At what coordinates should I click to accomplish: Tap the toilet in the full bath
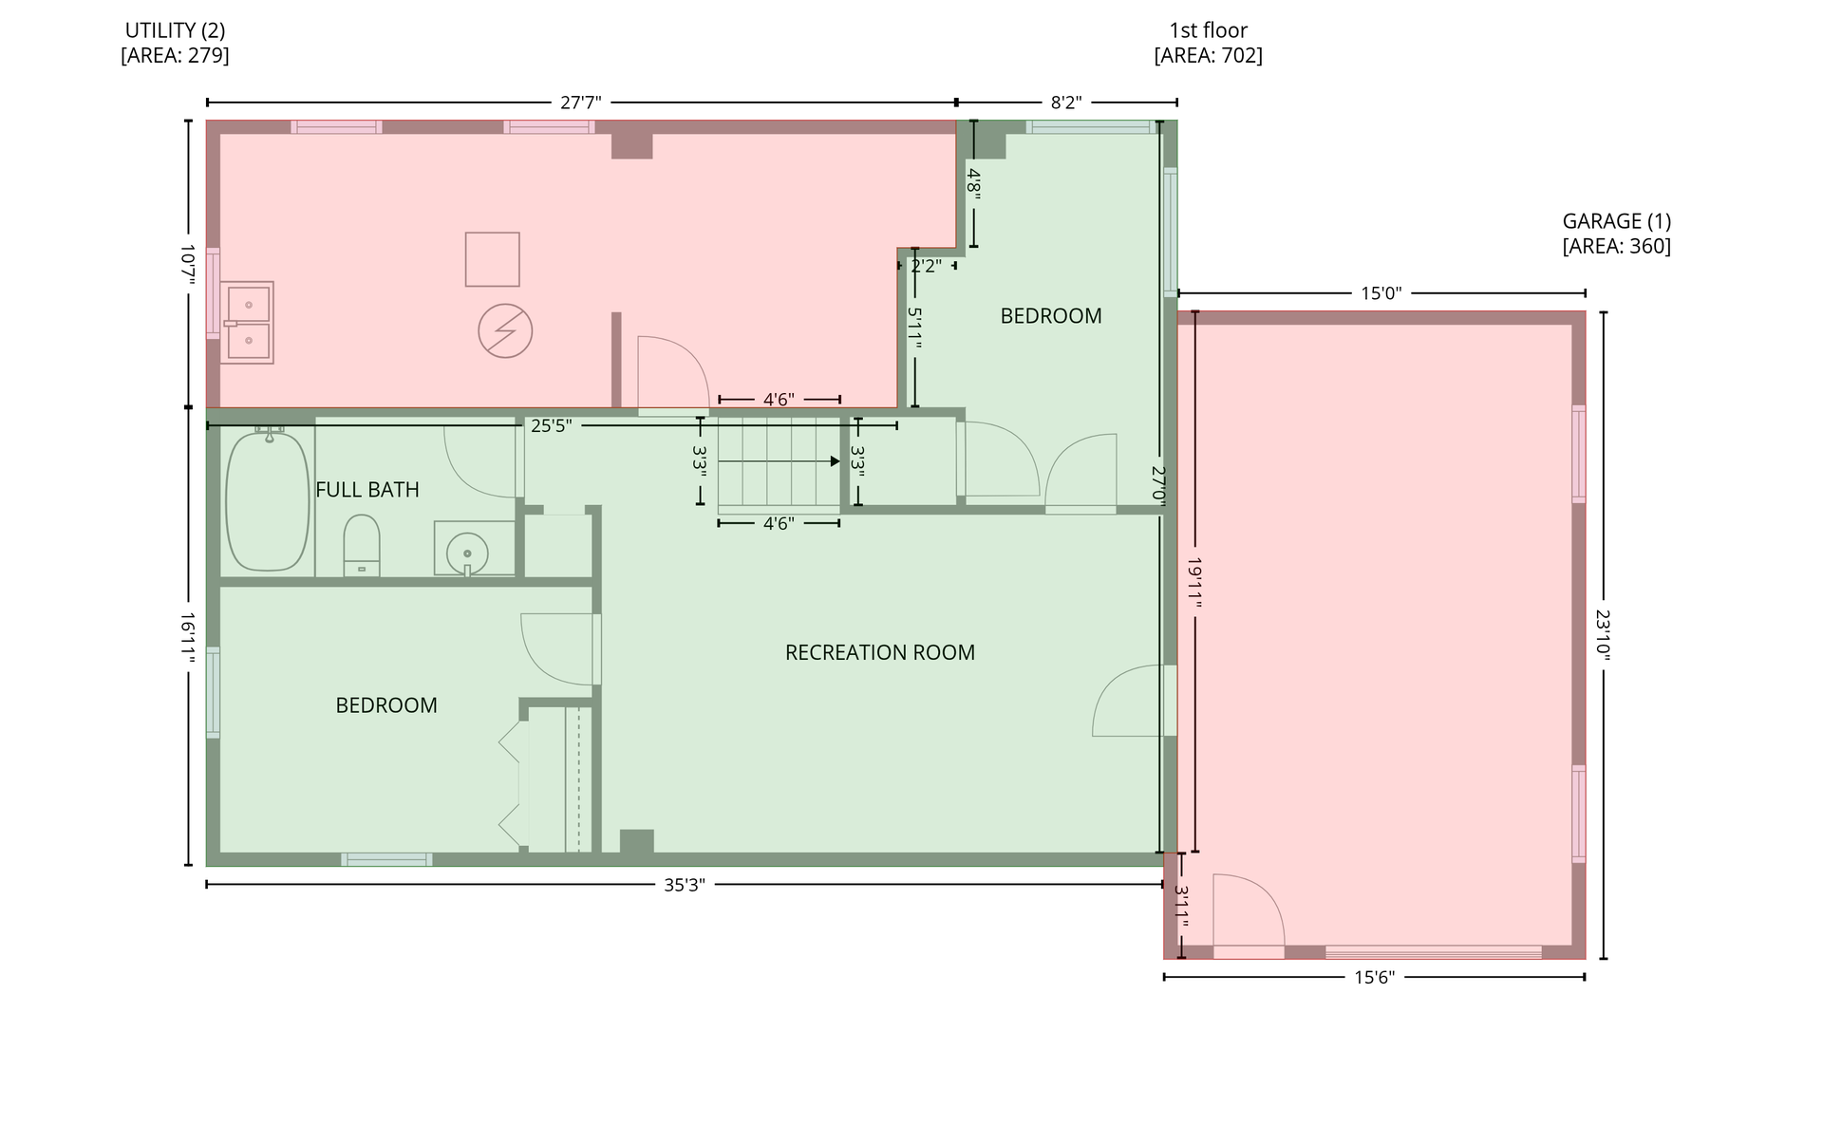click(362, 545)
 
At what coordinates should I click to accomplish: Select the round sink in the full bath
click(467, 552)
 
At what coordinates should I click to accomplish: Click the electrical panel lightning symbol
click(505, 331)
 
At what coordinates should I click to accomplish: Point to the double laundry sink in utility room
click(247, 323)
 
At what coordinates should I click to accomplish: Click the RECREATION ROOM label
click(880, 653)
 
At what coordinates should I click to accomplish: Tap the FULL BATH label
click(367, 490)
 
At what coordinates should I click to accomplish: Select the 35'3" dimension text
click(684, 886)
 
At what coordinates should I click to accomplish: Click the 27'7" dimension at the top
click(580, 103)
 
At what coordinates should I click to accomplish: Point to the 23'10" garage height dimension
click(1604, 635)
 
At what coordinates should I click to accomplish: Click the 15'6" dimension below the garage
click(1374, 978)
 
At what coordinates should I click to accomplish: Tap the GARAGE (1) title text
click(1617, 221)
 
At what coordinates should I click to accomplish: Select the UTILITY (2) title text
click(176, 30)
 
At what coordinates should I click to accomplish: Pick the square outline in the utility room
click(493, 259)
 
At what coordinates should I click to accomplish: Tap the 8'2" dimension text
click(1066, 103)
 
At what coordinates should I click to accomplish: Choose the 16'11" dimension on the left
click(188, 637)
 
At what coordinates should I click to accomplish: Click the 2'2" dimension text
click(927, 267)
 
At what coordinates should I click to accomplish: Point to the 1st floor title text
click(1209, 30)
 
